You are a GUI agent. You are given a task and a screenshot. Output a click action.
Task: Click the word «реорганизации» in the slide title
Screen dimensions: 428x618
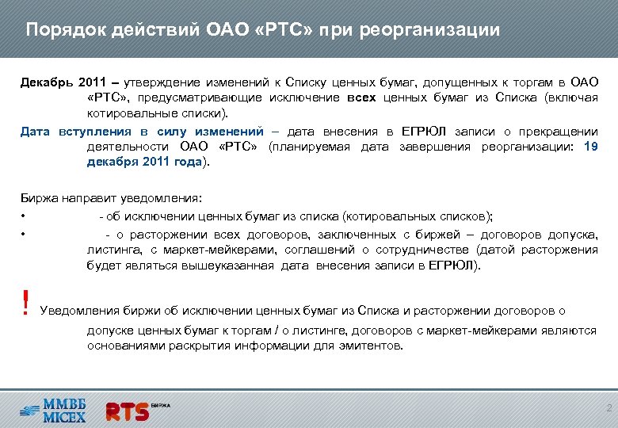[429, 31]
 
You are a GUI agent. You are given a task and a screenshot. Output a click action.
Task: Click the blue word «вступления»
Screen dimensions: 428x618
[94, 132]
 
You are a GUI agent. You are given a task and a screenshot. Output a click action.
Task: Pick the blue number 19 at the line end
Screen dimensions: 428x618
[590, 147]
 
